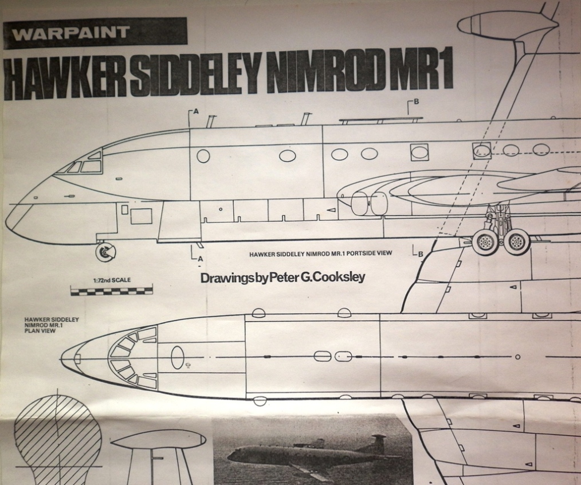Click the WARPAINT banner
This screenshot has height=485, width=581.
coord(95,32)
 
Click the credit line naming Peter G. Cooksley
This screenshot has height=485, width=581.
coord(282,278)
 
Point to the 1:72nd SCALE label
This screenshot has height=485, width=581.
coord(111,280)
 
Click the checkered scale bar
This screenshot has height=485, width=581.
coord(111,291)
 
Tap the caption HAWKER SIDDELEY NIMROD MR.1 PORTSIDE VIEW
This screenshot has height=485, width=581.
coord(321,253)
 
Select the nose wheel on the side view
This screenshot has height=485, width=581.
coord(105,252)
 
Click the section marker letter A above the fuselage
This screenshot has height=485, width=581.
coord(196,112)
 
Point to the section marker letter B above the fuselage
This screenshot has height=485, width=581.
coord(417,102)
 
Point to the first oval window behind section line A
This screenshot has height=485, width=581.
coord(203,155)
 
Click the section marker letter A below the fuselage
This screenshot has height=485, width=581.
coord(200,259)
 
